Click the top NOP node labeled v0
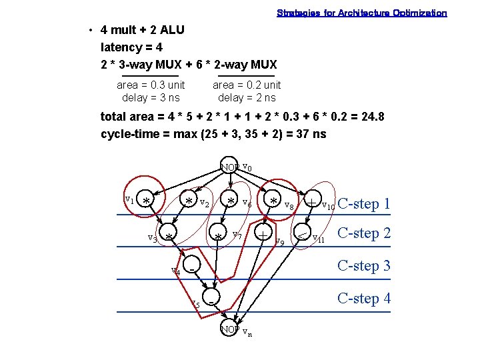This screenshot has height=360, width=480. tap(230, 167)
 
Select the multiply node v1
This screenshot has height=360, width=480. tap(146, 200)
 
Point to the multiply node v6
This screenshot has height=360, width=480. tap(231, 200)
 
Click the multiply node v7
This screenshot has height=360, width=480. tap(218, 236)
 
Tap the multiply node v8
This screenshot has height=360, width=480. tap(273, 200)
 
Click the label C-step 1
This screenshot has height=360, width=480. tap(364, 204)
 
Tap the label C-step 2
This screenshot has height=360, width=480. tap(364, 233)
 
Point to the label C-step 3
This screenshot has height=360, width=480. tap(364, 265)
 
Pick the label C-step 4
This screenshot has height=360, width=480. tap(364, 298)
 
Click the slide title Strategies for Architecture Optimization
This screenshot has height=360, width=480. tap(362, 13)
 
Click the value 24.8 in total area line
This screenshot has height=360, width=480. tap(371, 117)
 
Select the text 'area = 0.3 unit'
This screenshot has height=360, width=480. tap(151, 85)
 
